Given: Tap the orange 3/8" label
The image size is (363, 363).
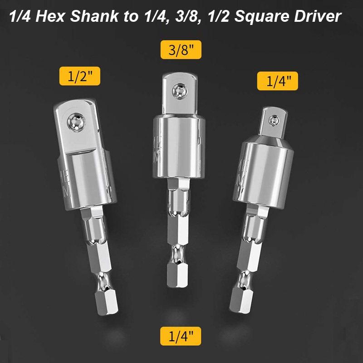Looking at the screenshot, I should [x=181, y=50].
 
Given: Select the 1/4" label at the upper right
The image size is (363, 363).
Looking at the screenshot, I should [x=278, y=82].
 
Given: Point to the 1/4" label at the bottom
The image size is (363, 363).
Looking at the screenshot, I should [x=180, y=337].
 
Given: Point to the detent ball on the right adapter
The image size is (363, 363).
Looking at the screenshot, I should [x=274, y=120].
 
